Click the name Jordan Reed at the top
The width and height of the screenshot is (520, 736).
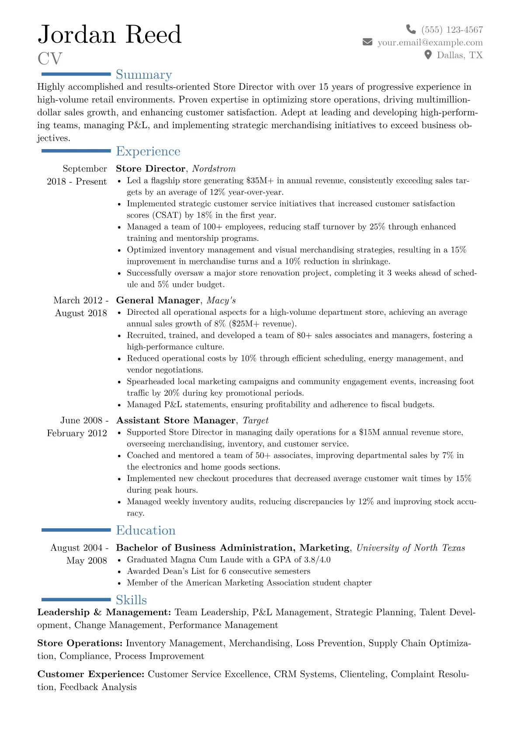[x=109, y=35]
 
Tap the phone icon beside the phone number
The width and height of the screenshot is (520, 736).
[x=411, y=29]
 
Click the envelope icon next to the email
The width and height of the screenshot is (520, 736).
[x=367, y=42]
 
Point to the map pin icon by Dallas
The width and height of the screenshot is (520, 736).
[x=428, y=55]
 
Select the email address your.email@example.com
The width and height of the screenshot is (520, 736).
[x=430, y=42]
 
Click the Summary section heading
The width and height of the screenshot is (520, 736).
[x=144, y=75]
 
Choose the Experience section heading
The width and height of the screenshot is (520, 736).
[x=148, y=151]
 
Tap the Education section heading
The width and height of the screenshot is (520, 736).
[x=146, y=530]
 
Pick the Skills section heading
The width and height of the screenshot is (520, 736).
[x=131, y=600]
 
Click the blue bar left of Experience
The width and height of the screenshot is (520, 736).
[x=76, y=151]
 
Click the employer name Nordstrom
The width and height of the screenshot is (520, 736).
[x=214, y=169]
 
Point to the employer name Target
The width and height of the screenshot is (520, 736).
[x=256, y=421]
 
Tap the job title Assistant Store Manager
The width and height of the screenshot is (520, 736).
[x=176, y=421]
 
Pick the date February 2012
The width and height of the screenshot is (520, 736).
[x=77, y=433]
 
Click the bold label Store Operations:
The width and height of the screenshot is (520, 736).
[x=80, y=643]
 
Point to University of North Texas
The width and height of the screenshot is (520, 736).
[x=411, y=548]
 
